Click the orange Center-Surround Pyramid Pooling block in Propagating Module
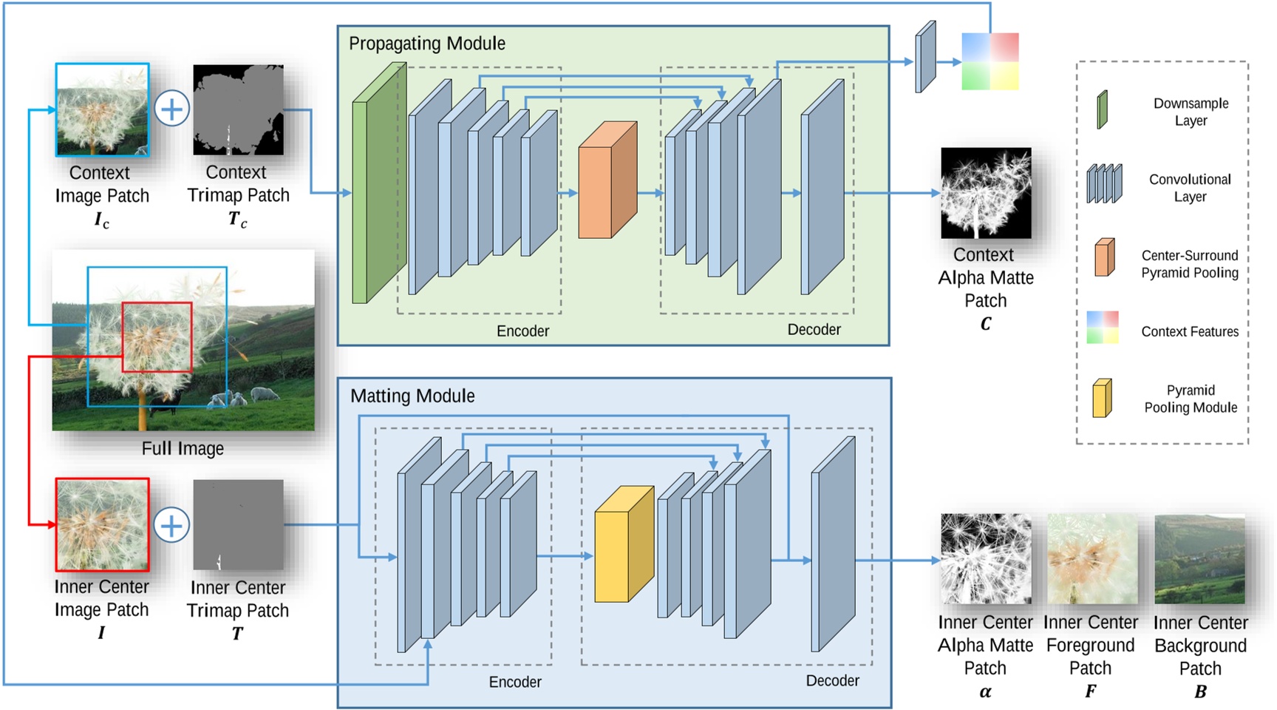click(607, 181)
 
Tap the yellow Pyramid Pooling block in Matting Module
click(624, 544)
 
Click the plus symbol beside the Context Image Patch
click(171, 109)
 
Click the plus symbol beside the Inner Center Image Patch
click(171, 526)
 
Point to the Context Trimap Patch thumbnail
click(238, 109)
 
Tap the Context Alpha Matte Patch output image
click(985, 193)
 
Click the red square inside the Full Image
click(157, 337)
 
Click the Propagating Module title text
click(427, 44)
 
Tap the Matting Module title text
click(412, 396)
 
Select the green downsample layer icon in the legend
click(1102, 110)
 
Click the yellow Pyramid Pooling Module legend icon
click(1102, 398)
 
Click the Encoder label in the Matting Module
click(515, 682)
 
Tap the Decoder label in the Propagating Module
click(814, 330)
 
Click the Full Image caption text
click(183, 449)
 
